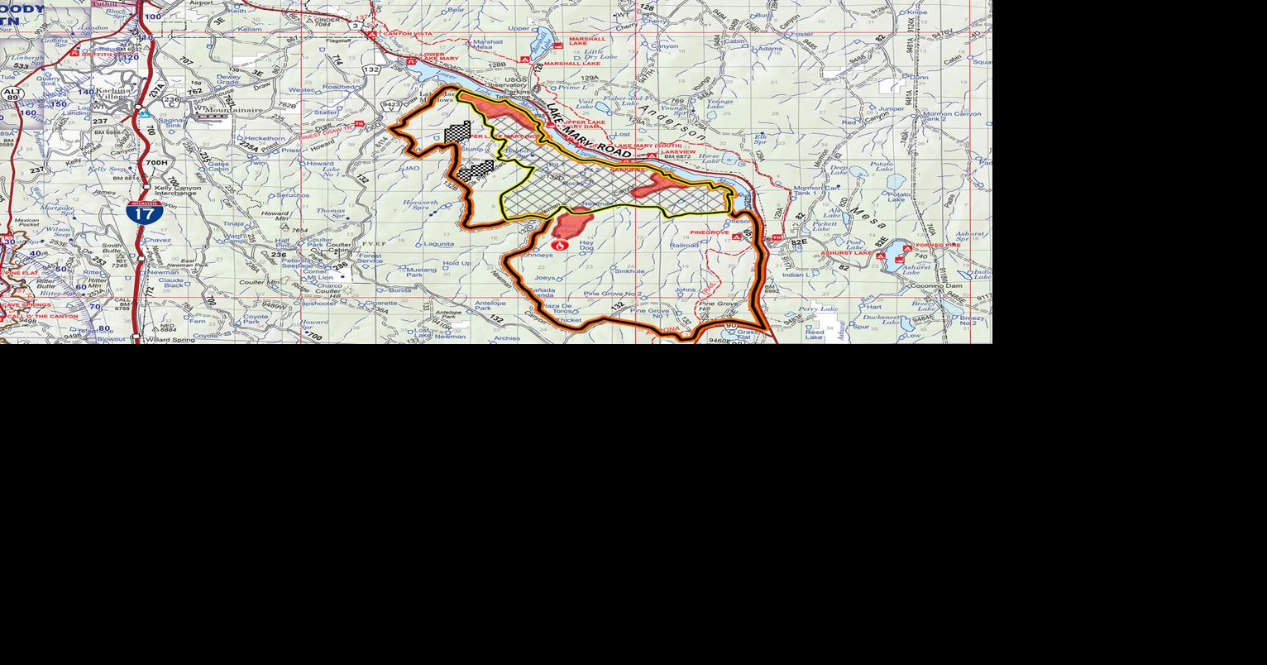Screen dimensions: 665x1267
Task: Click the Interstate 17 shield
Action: (144, 213)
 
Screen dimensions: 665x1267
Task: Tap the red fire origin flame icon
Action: (560, 245)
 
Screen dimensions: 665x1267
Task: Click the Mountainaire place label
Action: (233, 109)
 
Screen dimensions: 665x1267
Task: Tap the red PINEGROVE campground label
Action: (710, 233)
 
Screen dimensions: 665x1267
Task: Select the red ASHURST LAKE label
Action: (845, 253)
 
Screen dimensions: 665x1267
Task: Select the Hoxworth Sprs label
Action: (420, 205)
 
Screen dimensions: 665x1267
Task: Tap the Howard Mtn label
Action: (275, 217)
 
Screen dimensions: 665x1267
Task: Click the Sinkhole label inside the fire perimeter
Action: (629, 271)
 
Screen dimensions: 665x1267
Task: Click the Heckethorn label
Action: (265, 138)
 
